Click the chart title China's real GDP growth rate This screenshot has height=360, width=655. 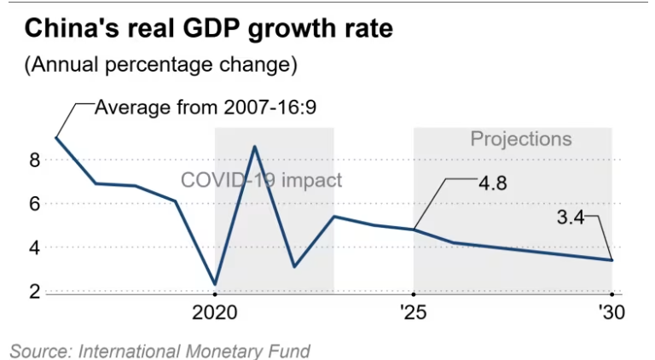click(x=208, y=29)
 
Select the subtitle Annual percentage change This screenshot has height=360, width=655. click(x=161, y=65)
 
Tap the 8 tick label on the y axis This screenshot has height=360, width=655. click(x=34, y=160)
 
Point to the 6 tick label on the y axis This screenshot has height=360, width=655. click(x=34, y=204)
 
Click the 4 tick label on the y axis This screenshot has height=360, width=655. click(x=34, y=247)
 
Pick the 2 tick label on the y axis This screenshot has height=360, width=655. click(x=34, y=292)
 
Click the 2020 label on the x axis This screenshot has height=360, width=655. click(x=215, y=312)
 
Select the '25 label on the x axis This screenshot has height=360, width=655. click(x=414, y=312)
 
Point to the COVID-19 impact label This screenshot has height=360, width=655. click(x=261, y=181)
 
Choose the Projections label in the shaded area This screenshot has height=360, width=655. click(x=521, y=139)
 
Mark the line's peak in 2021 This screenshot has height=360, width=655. click(x=254, y=147)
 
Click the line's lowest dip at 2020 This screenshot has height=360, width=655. click(x=215, y=284)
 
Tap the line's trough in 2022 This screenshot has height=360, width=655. click(x=293, y=266)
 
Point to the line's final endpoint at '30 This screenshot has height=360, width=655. click(x=612, y=260)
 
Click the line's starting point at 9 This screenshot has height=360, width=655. click(x=56, y=137)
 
